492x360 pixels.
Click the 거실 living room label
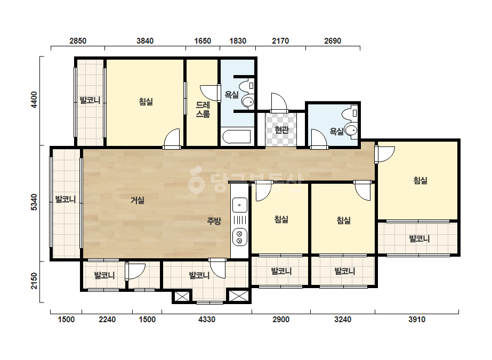click(x=138, y=200)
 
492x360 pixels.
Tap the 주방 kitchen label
click(x=214, y=221)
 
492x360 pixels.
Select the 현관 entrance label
click(x=281, y=129)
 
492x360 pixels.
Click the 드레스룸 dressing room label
click(x=203, y=109)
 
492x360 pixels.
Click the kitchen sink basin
click(x=239, y=206)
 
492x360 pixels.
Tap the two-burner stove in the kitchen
click(x=239, y=237)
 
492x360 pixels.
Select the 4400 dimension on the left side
click(x=34, y=100)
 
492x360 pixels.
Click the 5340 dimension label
click(x=34, y=202)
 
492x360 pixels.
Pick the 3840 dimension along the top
click(x=145, y=41)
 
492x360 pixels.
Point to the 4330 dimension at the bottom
click(x=207, y=320)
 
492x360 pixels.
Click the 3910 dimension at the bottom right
click(x=417, y=320)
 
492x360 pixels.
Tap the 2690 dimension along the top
click(x=333, y=41)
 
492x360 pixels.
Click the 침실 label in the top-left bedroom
click(x=146, y=101)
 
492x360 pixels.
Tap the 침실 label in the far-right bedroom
click(x=420, y=181)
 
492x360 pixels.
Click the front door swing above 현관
click(x=279, y=102)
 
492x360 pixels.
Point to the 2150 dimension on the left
click(x=34, y=281)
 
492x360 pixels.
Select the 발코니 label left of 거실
click(x=66, y=199)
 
